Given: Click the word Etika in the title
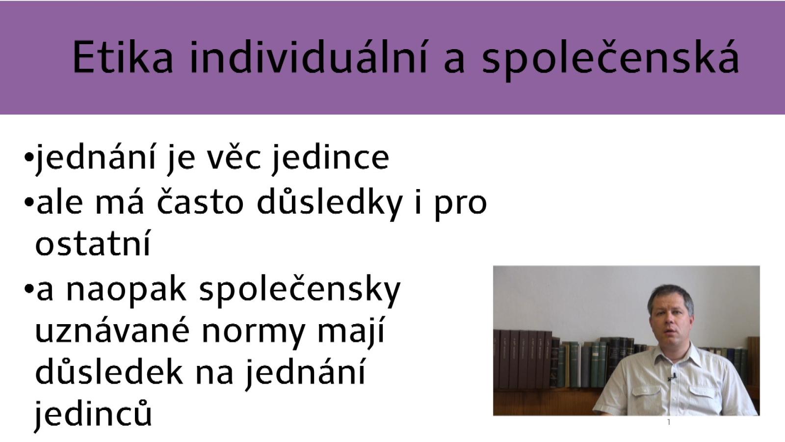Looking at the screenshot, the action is (123, 57).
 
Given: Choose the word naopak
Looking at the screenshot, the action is (126, 290).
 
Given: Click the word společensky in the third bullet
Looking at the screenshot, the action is (300, 290).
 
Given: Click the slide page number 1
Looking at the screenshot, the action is (669, 422).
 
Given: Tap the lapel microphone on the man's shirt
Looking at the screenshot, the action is (672, 378).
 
